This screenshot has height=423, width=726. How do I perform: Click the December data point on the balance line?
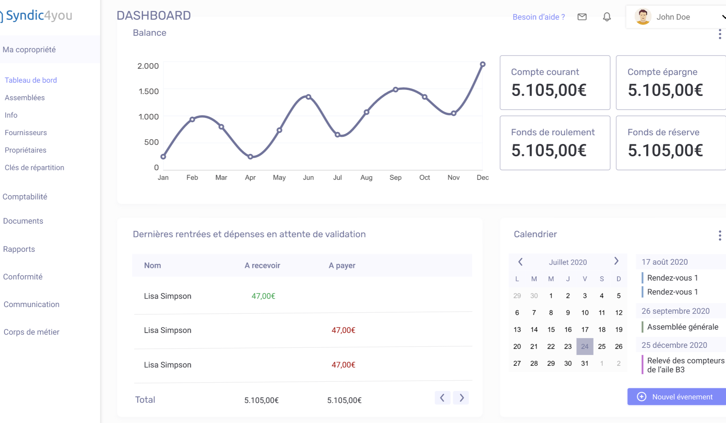483,64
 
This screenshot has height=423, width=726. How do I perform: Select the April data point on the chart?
250,157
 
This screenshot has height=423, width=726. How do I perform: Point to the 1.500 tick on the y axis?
148,92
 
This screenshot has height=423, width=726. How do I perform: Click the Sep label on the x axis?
395,178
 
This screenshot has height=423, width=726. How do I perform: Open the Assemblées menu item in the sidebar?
25,98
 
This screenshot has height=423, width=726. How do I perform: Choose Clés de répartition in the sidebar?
34,168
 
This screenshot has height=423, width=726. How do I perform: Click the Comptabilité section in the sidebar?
25,197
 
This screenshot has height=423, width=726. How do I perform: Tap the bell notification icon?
607,17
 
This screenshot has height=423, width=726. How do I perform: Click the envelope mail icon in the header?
582,17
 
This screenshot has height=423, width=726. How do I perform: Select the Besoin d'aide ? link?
539,17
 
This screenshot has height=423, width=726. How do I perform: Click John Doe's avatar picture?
643,17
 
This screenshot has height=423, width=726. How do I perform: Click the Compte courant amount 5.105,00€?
549,90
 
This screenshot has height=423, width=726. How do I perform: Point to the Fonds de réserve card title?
663,132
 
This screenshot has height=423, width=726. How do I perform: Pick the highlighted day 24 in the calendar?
585,347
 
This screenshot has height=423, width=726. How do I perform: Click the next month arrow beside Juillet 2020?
616,261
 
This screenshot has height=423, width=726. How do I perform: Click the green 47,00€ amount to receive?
263,296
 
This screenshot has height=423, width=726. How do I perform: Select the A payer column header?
342,265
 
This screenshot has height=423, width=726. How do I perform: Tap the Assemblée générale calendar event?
682,327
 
